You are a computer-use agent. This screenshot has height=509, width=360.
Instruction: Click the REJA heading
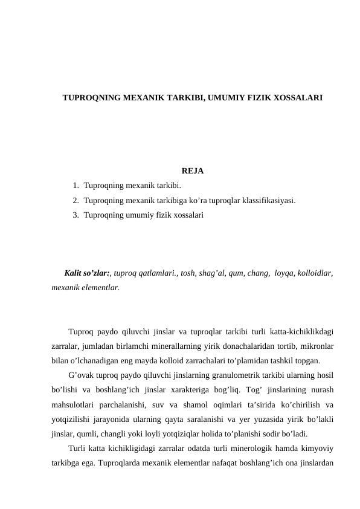(192, 171)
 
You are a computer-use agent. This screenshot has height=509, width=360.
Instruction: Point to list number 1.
(75, 186)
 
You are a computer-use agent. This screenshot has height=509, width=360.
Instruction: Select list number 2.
(75, 200)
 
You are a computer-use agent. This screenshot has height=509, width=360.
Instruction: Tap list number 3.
(75, 215)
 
